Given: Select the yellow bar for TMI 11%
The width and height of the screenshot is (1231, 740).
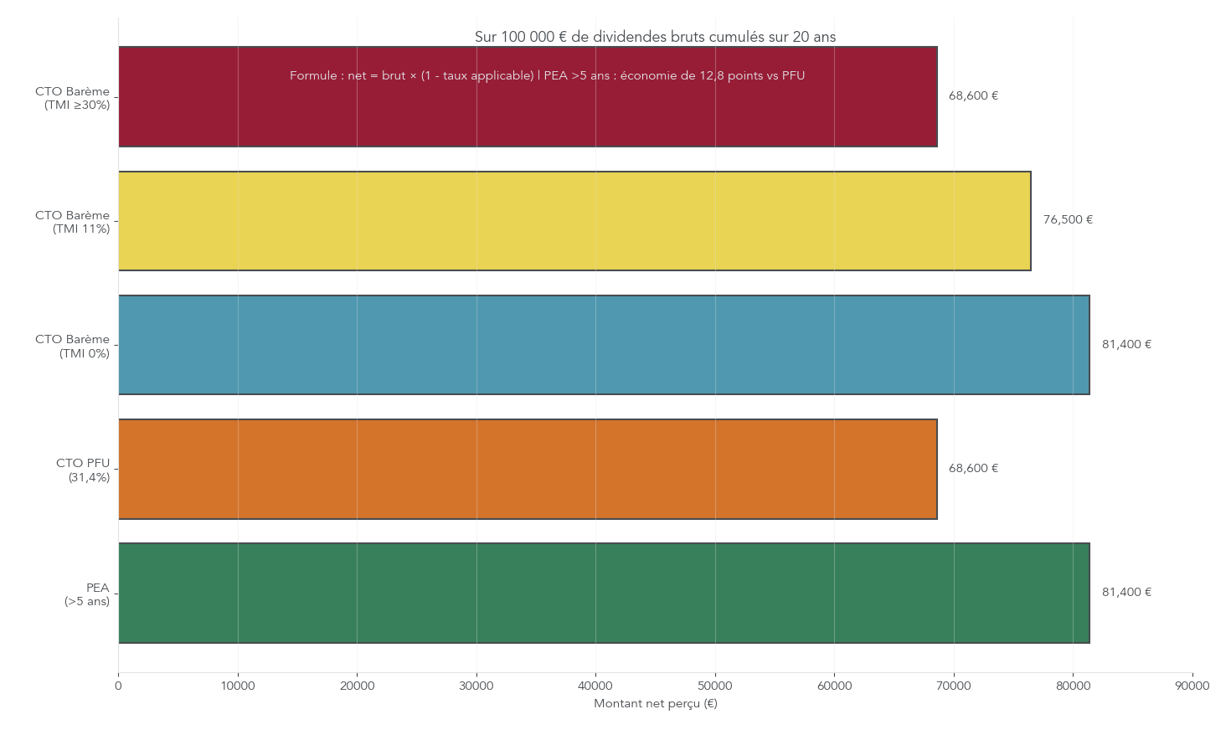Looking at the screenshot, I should coord(574,221).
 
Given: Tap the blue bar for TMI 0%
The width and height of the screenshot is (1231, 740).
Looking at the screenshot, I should coord(604,345).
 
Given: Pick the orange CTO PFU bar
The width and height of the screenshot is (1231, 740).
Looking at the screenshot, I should coord(528,469).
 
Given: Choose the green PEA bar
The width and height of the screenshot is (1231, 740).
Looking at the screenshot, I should coord(604,593).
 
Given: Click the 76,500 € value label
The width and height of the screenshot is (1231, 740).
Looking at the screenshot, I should coord(1068,220).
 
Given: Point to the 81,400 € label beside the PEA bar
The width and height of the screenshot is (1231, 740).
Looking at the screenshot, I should coord(1126,593).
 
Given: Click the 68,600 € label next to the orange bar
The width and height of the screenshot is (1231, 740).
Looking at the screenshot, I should coord(973,469).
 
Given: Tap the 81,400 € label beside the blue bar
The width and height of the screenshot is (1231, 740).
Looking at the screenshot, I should coord(1126,345).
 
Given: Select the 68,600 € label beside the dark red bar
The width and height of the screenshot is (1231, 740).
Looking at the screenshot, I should coord(973,96).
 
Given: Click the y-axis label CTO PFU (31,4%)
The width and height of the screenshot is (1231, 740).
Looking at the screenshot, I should coord(83,470).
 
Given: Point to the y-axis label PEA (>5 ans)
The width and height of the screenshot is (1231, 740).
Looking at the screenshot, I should coord(87,594).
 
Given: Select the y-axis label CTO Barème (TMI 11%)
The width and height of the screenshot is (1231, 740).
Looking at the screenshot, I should coord(73,222).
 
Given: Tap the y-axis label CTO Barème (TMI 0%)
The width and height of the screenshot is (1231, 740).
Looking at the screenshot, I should coord(73,346).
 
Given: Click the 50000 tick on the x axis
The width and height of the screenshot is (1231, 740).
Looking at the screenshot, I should coord(715,686).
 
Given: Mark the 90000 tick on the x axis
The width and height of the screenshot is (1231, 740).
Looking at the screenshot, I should coord(1192,686).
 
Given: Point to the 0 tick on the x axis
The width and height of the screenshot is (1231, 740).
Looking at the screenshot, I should coord(118,686).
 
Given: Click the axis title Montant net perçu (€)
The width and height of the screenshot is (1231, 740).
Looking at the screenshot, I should coord(655,704).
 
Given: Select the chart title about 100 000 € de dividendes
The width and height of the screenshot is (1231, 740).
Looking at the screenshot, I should coord(655,37).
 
